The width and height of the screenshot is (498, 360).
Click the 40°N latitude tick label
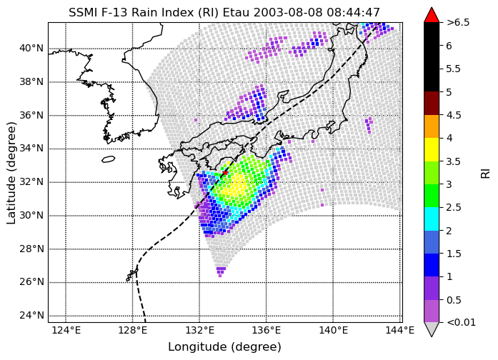(31, 49)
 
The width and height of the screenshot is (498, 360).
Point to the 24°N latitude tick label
(31, 316)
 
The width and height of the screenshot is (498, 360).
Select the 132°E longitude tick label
(200, 331)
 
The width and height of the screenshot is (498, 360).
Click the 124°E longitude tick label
(66, 331)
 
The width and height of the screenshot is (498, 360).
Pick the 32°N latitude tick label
(31, 182)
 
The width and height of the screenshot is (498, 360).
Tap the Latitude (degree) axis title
(11, 173)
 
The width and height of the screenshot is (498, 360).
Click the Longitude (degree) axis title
(224, 347)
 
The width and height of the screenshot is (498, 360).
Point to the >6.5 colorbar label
(458, 23)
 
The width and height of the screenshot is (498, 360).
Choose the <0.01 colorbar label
(461, 323)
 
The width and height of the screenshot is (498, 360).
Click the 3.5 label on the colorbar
(453, 161)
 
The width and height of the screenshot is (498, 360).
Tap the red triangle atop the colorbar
(432, 15)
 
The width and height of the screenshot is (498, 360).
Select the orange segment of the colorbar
(432, 126)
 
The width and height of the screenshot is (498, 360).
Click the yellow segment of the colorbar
(432, 149)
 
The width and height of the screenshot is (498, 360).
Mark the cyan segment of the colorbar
(432, 219)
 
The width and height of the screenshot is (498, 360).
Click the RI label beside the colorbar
(486, 173)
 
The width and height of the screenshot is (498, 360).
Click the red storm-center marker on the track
(225, 172)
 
